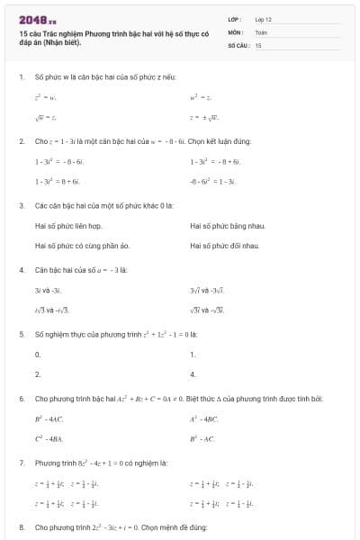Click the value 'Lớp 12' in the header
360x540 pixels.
pyautogui.click(x=263, y=18)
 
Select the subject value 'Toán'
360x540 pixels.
pyautogui.click(x=261, y=31)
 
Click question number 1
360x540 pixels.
pyautogui.click(x=21, y=78)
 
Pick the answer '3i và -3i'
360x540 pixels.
pyautogui.click(x=48, y=290)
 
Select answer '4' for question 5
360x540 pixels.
pyautogui.click(x=193, y=374)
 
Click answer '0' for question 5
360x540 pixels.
pyautogui.click(x=37, y=355)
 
